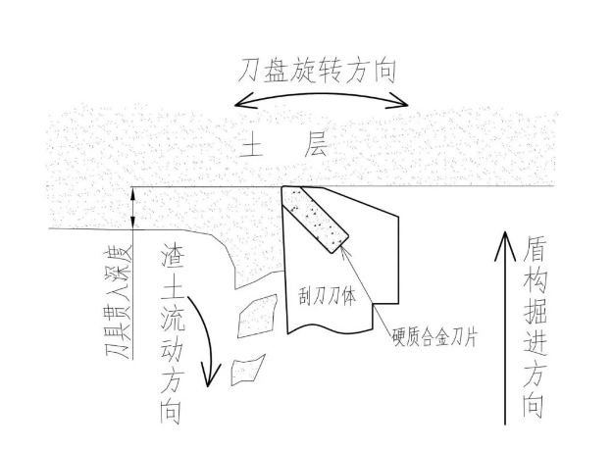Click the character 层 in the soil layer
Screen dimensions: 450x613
[x=318, y=149]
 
